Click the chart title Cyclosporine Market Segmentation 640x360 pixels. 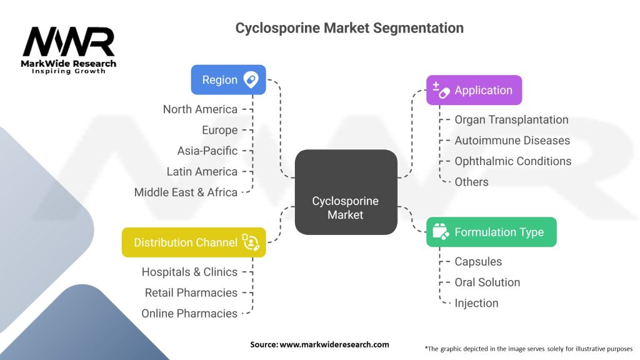(x=349, y=28)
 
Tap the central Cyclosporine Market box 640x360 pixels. (x=346, y=192)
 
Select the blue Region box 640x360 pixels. (x=228, y=80)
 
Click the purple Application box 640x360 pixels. (x=474, y=90)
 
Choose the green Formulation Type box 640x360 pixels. (x=491, y=232)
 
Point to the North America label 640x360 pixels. (x=200, y=109)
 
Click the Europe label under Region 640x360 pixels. (x=219, y=130)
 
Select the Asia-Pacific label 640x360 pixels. (x=207, y=151)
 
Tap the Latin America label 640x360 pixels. (x=202, y=171)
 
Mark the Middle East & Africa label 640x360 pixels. (x=186, y=192)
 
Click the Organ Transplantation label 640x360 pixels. (x=511, y=119)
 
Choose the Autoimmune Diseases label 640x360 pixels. (x=512, y=140)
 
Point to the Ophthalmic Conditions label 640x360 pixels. (x=512, y=161)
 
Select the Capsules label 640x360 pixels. (x=478, y=261)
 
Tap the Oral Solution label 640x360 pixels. (x=487, y=282)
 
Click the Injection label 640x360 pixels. (x=476, y=303)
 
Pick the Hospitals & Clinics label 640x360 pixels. (x=189, y=272)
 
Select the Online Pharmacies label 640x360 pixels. (x=189, y=313)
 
